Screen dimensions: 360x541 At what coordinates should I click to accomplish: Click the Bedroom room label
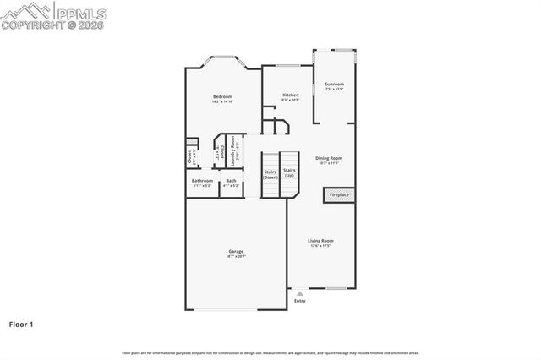[x=222, y=96]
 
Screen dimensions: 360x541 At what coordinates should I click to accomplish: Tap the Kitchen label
[x=290, y=95]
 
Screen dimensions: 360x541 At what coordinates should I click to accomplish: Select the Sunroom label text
[x=334, y=84]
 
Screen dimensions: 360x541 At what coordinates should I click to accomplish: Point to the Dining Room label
[x=329, y=157]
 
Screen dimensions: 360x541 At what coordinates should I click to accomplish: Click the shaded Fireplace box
[x=339, y=195]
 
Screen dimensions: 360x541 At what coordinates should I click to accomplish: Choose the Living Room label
[x=320, y=241]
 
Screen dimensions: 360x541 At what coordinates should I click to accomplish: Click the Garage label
[x=236, y=251]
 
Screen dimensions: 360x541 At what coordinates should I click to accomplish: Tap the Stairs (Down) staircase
[x=270, y=174]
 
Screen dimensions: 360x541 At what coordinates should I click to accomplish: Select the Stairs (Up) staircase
[x=289, y=174]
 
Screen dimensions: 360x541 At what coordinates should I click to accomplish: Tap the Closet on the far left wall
[x=189, y=155]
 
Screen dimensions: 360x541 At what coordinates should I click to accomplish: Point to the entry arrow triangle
[x=299, y=293]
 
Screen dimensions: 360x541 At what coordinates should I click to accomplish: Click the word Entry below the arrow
[x=299, y=301]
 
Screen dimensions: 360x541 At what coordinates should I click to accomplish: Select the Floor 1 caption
[x=22, y=324]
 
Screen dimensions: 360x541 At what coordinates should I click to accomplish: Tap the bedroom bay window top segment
[x=222, y=59]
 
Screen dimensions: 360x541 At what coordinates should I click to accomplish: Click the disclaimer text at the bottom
[x=270, y=352]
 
